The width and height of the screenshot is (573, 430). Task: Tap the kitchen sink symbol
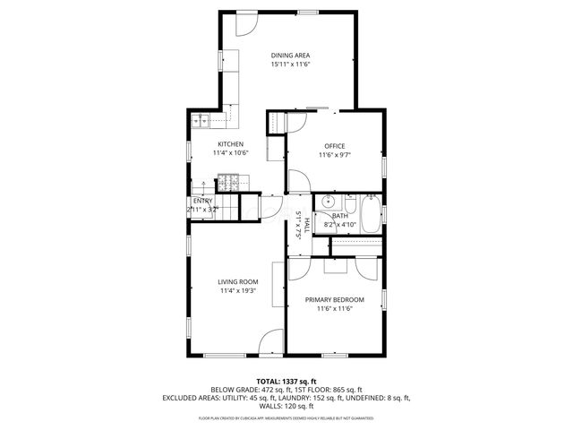point(201,121)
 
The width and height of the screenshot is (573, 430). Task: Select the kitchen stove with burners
point(227,183)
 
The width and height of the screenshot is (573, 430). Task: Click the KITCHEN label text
point(230,144)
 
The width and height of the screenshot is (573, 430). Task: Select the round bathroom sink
point(329,201)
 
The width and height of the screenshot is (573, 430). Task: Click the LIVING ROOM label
point(238,281)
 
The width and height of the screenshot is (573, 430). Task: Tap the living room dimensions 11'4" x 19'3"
point(238,291)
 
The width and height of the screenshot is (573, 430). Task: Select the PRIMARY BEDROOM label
point(334,299)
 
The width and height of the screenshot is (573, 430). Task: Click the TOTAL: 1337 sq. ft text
point(286,381)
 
